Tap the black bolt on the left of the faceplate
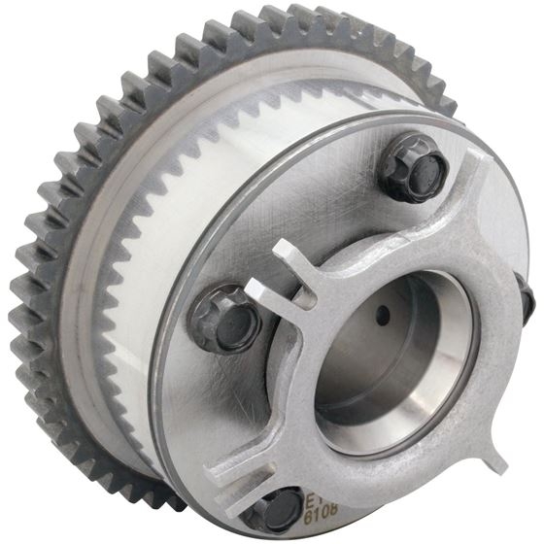(x=223, y=318)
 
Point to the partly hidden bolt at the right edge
(x=527, y=298)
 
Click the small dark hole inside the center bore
(x=386, y=314)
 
